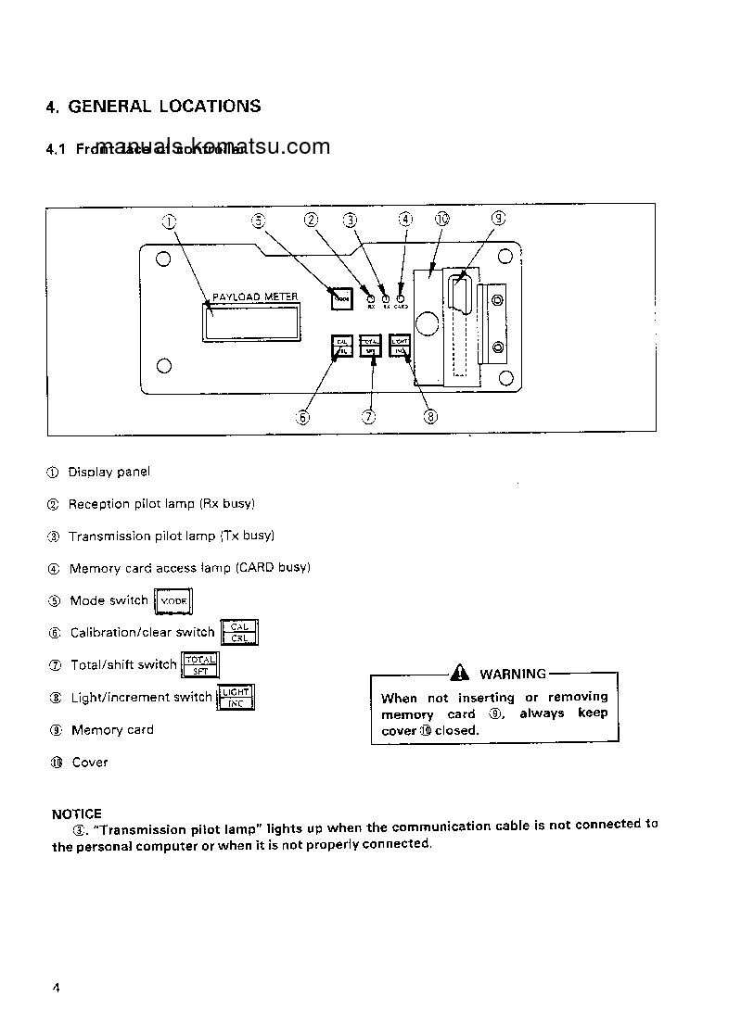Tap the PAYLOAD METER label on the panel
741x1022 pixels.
click(x=255, y=297)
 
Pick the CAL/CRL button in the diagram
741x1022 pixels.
click(x=342, y=346)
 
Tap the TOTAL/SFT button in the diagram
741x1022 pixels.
click(x=370, y=346)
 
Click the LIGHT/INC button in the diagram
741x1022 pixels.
click(x=400, y=346)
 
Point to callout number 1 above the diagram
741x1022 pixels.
click(x=169, y=221)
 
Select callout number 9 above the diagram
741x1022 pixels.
click(x=498, y=219)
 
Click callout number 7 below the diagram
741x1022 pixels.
click(x=369, y=416)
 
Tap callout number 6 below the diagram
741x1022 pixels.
click(x=302, y=416)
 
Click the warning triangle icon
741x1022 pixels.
click(x=461, y=674)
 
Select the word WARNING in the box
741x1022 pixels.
click(x=512, y=675)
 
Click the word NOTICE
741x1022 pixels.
click(x=77, y=814)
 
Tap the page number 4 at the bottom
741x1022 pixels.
click(x=56, y=987)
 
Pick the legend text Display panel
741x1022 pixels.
click(x=109, y=473)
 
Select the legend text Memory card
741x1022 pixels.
click(x=112, y=730)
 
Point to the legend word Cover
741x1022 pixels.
click(x=89, y=763)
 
